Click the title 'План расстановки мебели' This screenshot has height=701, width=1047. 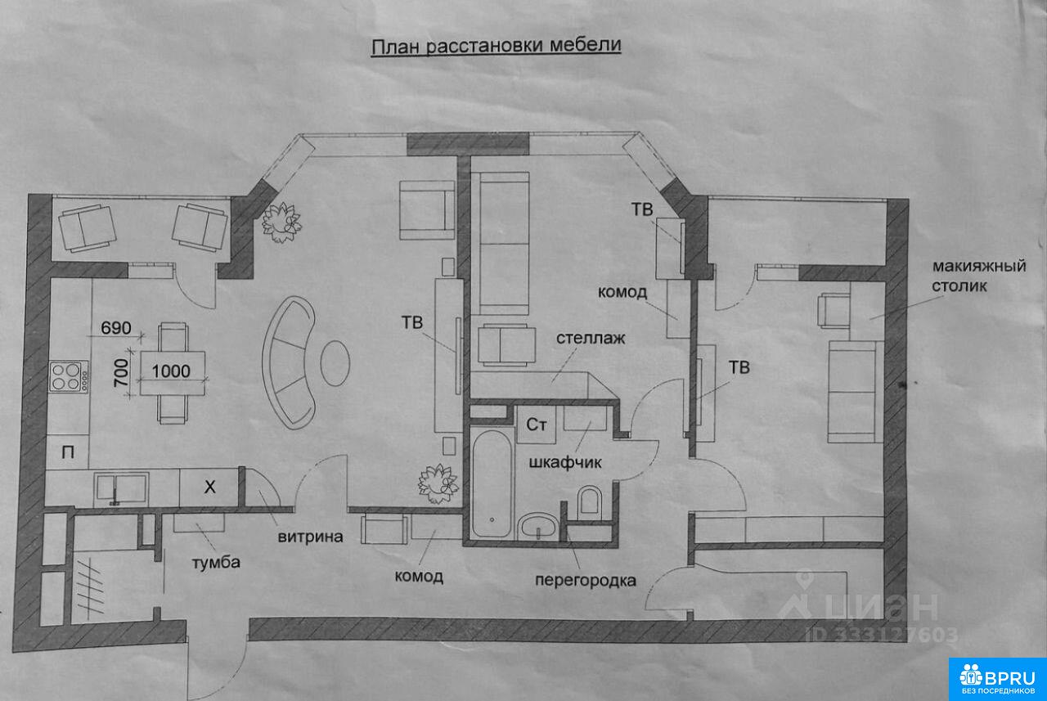click(x=496, y=47)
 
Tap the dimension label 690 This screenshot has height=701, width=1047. click(x=116, y=328)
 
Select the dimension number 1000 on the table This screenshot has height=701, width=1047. click(x=171, y=371)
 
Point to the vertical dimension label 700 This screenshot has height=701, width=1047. click(x=121, y=372)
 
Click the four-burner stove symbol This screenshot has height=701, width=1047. click(x=69, y=376)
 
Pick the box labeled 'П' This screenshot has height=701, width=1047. click(x=68, y=452)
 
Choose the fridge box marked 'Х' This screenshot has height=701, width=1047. click(x=209, y=488)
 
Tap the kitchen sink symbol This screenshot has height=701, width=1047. click(x=121, y=489)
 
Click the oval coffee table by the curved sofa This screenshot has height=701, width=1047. click(x=335, y=362)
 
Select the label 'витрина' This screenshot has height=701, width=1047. click(x=310, y=537)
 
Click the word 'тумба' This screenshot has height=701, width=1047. click(x=216, y=562)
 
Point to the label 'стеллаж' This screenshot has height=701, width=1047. click(x=591, y=338)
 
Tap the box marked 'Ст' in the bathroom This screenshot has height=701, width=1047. click(x=536, y=425)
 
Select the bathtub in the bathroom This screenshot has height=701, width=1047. click(x=492, y=483)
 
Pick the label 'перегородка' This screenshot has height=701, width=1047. click(x=585, y=581)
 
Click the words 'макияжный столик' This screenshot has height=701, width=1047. click(x=979, y=276)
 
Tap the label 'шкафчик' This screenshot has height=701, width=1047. click(x=565, y=462)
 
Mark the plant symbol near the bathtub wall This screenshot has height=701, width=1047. click(x=438, y=483)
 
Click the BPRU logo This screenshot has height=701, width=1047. click(x=997, y=679)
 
